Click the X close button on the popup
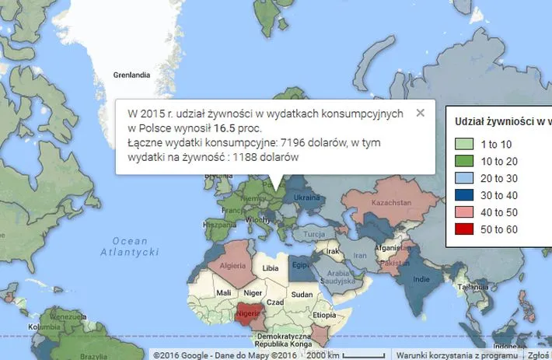point(421,113)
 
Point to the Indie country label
point(423,278)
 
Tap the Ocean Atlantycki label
point(130,246)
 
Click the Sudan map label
point(302,295)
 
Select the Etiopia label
point(325,316)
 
